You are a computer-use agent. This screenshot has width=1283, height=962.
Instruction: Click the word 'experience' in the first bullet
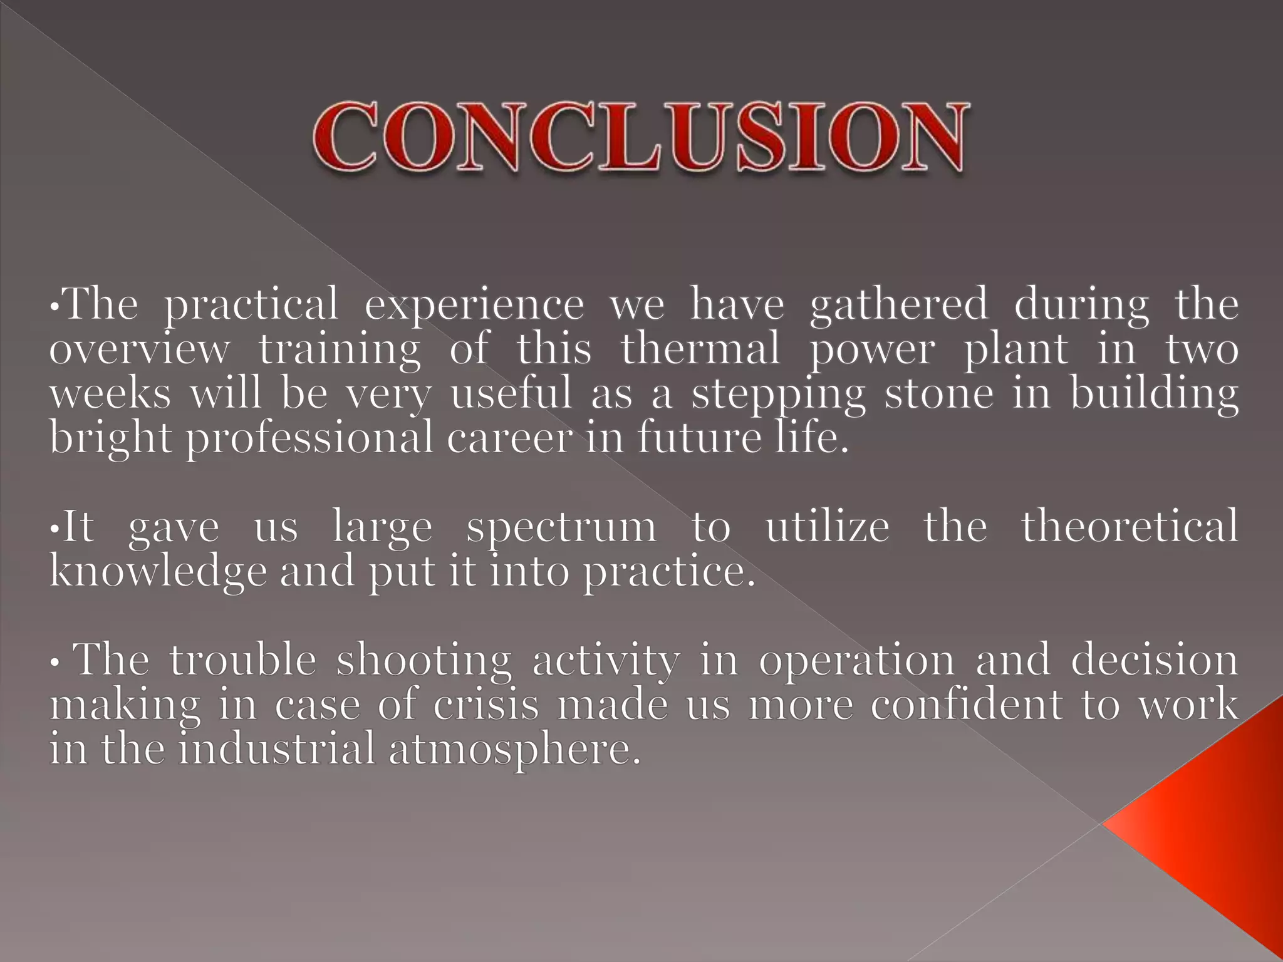[x=474, y=304]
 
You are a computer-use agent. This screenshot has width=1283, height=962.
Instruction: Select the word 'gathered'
[x=898, y=304]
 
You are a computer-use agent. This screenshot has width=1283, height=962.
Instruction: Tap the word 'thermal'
[x=700, y=349]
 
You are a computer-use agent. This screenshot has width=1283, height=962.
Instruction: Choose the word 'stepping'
[x=778, y=395]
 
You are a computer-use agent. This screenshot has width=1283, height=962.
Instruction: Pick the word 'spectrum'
[x=561, y=528]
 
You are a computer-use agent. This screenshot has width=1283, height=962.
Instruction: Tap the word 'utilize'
[x=827, y=527]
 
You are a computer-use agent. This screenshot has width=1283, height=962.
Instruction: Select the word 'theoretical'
[x=1130, y=527]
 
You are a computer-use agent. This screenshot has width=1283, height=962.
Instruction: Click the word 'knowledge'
[x=158, y=572]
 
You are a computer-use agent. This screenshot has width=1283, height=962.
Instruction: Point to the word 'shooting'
[x=424, y=661]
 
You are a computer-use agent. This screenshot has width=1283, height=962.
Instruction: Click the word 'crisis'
[x=486, y=705]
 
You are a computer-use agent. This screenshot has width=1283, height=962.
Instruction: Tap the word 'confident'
[x=967, y=705]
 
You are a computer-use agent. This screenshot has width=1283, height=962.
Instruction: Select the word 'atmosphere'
[x=514, y=750]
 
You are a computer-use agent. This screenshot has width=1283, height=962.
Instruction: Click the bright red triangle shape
[x=1209, y=820]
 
